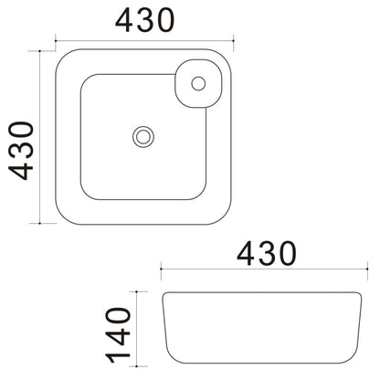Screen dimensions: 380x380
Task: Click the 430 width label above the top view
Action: [x=145, y=20]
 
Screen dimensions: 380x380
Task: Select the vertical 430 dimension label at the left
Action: [x=21, y=151]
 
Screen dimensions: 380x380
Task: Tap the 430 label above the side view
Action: [x=267, y=253]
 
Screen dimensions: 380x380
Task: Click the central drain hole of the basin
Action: [x=143, y=137]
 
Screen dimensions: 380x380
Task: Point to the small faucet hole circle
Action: [x=198, y=83]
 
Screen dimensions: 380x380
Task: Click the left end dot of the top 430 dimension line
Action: [x=56, y=40]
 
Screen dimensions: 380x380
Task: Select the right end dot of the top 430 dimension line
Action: [x=233, y=40]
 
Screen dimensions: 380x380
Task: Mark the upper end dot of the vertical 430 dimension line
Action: [x=40, y=51]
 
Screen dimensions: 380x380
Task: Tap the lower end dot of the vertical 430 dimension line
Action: [x=40, y=223]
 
